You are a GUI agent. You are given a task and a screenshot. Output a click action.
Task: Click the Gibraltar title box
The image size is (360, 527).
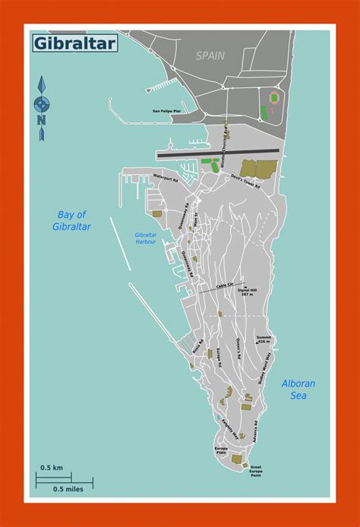(74, 43)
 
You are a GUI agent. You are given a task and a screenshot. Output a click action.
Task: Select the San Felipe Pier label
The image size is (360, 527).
(166, 111)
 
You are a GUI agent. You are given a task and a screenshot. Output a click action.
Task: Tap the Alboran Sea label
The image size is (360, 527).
(298, 389)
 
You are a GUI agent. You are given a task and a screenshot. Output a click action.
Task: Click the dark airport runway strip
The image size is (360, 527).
(219, 153)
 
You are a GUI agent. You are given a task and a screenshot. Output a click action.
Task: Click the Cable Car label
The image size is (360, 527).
(226, 285)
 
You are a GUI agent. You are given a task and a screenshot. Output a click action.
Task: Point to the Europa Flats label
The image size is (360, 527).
(221, 451)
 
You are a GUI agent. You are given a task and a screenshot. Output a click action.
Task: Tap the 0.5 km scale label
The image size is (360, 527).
(52, 466)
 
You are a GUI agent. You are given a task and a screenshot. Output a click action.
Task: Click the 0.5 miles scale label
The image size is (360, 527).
(68, 488)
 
